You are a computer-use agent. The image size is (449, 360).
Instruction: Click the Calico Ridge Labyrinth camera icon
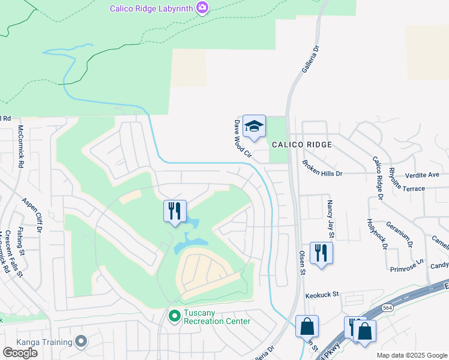click(203, 8)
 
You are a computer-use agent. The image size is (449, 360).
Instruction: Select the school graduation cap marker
click(254, 126)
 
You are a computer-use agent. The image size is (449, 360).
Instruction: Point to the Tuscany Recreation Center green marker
click(175, 315)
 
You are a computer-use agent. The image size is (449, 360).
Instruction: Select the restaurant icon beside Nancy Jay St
click(321, 253)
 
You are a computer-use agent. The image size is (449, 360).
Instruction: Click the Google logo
click(20, 353)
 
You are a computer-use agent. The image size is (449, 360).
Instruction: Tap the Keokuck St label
click(322, 295)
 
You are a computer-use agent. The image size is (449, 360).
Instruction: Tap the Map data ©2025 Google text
click(412, 355)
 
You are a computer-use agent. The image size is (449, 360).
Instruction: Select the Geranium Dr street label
click(400, 234)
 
